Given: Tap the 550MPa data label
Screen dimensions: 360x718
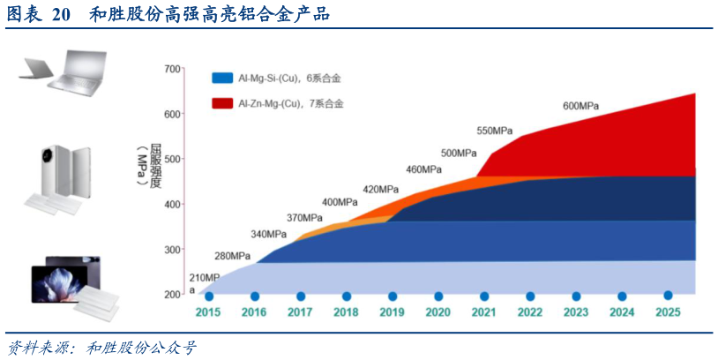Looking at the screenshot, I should (495, 131).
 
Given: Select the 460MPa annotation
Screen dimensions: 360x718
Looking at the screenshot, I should (424, 169).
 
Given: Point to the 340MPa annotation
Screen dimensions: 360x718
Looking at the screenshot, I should (269, 234).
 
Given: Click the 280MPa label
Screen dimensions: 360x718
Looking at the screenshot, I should (233, 256).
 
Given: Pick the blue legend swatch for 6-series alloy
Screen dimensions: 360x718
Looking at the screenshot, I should (222, 79).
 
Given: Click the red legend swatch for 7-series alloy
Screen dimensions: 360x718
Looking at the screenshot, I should (222, 103).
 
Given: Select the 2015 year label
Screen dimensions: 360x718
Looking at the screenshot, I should (208, 312).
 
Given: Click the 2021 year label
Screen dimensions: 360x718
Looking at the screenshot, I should (483, 312).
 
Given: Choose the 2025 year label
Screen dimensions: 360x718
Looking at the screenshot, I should (668, 312).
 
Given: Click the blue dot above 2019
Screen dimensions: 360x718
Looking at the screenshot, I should (393, 296).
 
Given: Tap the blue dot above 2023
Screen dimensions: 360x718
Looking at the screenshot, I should (576, 296).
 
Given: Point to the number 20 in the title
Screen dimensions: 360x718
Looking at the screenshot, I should (60, 14).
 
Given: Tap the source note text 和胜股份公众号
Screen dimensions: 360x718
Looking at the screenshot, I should (141, 347).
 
